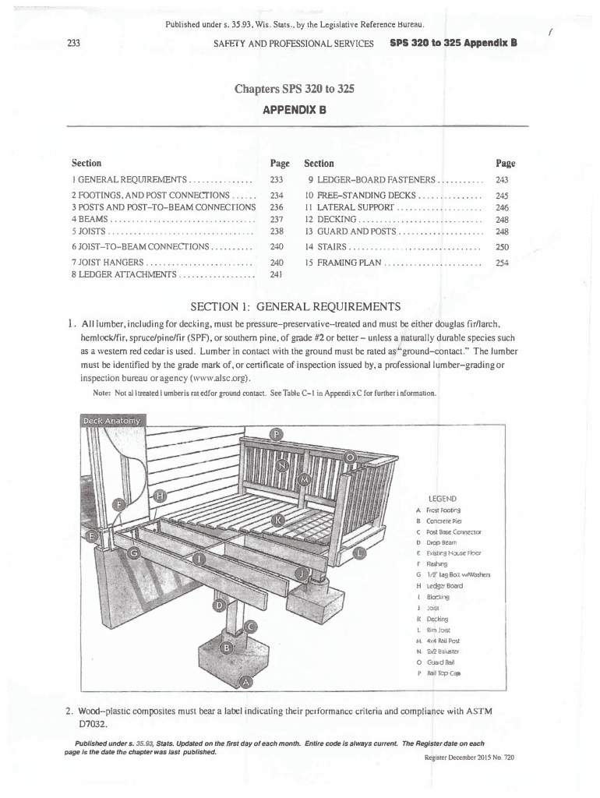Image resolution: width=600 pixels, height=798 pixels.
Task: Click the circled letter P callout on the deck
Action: [276, 434]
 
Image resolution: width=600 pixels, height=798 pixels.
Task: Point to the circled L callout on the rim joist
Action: [359, 553]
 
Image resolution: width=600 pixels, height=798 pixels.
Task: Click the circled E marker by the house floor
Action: [92, 536]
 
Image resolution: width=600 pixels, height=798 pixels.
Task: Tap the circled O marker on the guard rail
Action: [351, 457]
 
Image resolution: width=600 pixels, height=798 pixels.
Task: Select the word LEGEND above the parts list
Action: [443, 498]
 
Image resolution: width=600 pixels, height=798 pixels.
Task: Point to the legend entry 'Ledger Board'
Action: [444, 586]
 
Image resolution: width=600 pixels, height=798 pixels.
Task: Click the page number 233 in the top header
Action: [76, 43]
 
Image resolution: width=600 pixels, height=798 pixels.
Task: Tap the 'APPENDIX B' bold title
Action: [299, 110]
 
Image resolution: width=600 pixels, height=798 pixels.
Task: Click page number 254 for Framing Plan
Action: [502, 263]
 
